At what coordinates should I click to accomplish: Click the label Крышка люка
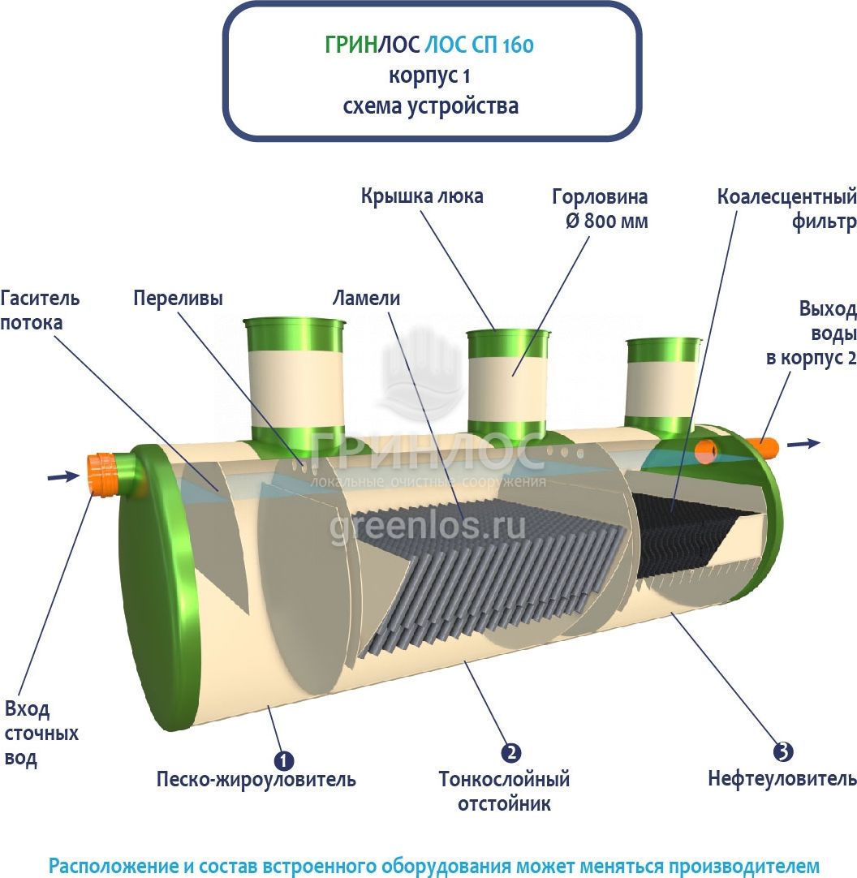pos(422,196)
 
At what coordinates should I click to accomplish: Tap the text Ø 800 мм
pos(601,221)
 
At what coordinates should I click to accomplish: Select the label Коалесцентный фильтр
pos(786,209)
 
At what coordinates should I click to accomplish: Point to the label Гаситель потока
pos(40,310)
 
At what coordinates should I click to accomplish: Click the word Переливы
pos(178,298)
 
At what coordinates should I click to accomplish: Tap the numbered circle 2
pos(510,752)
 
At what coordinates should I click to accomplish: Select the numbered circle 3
pos(782,751)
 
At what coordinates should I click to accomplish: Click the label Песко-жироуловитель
pos(256,780)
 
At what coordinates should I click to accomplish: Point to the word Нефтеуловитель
pos(782,779)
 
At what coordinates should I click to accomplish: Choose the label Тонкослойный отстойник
pos(504,791)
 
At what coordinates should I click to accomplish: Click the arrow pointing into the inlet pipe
pos(63,476)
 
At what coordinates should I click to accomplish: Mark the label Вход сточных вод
pos(41,734)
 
